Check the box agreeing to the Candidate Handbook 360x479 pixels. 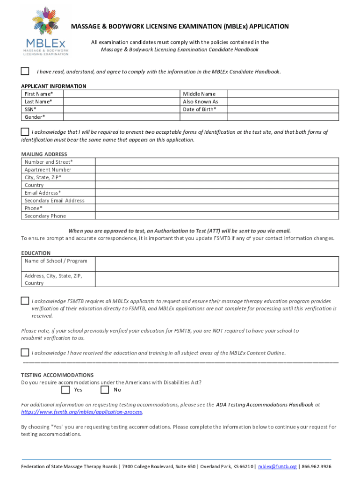coord(25,71)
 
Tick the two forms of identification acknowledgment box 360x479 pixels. coord(25,131)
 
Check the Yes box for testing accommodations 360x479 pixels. coord(65,390)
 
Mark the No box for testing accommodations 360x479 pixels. coord(105,390)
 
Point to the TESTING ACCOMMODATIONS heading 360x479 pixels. coord(58,375)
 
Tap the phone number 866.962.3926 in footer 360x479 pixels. coord(317,467)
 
